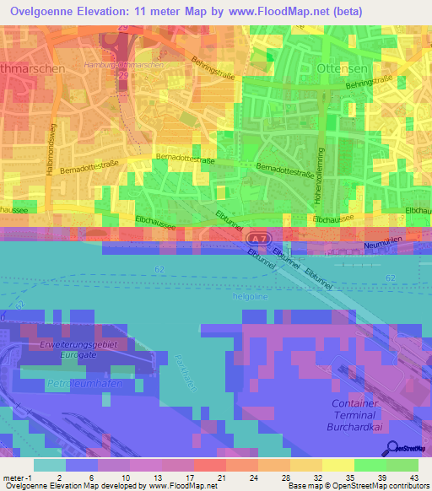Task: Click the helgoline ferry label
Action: (x=250, y=296)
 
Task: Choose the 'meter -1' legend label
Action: (x=16, y=478)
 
